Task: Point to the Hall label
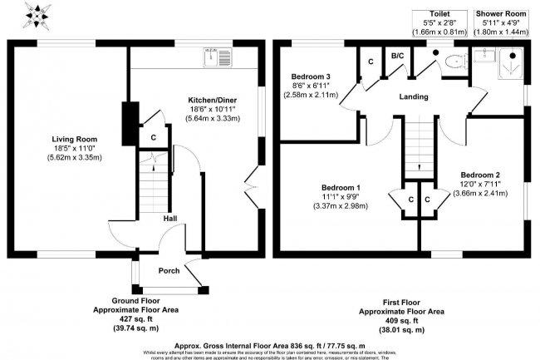pyautogui.click(x=169, y=219)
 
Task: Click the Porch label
pyautogui.click(x=169, y=270)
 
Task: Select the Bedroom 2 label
pyautogui.click(x=480, y=175)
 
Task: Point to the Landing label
pyautogui.click(x=413, y=97)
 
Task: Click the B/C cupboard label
pyautogui.click(x=398, y=57)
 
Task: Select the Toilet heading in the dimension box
pyautogui.click(x=440, y=14)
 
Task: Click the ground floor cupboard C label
pyautogui.click(x=153, y=138)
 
